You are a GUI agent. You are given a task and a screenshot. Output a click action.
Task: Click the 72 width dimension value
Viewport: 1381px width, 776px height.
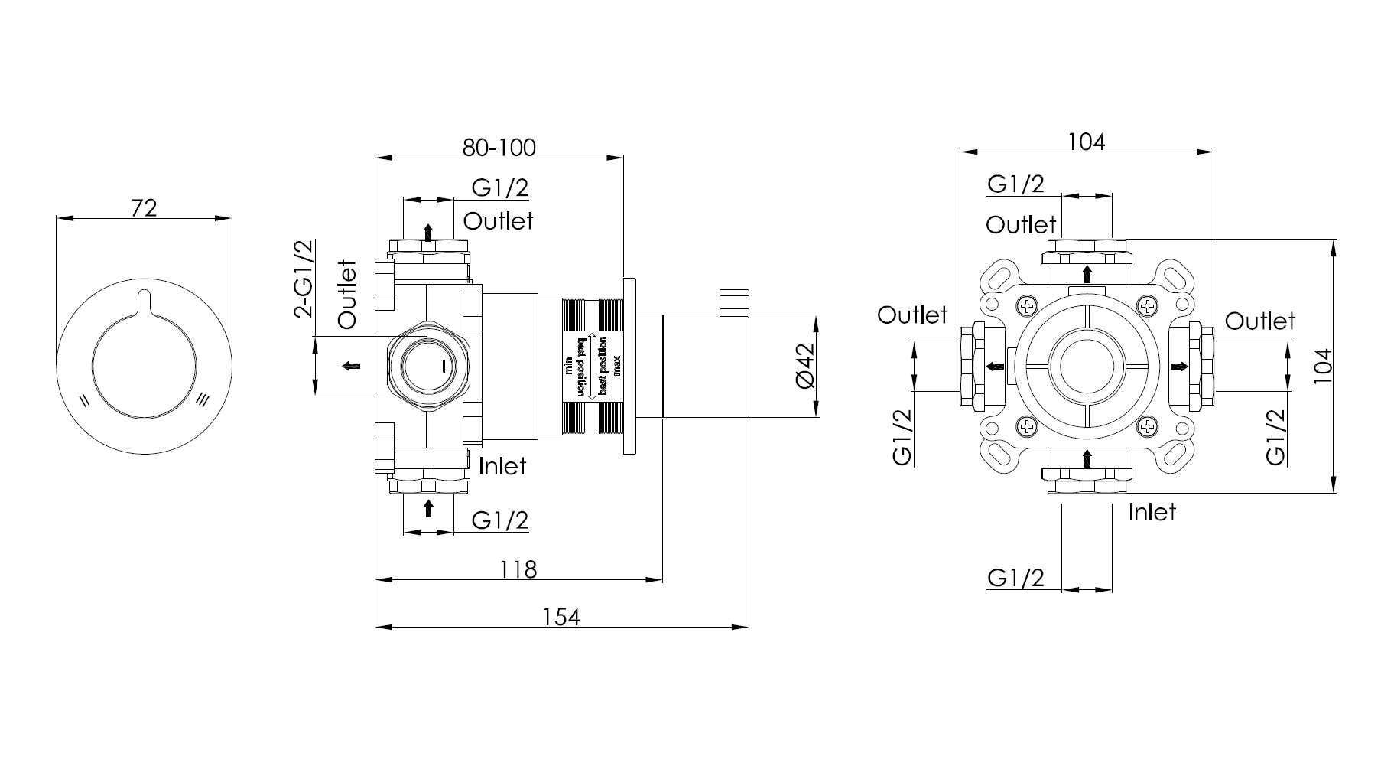pos(145,207)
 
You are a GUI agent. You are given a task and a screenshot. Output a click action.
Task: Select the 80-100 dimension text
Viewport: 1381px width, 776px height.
pos(499,147)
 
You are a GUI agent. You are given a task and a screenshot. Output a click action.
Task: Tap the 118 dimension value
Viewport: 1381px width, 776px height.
pos(518,569)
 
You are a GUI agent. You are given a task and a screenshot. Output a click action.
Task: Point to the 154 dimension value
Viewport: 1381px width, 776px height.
pos(561,616)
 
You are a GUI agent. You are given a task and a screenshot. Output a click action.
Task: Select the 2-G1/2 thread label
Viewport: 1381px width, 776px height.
pos(304,278)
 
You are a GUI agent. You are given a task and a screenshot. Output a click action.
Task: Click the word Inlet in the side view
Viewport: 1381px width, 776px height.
pos(502,466)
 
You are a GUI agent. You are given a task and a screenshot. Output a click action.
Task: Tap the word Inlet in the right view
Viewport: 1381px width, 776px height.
pos(1152,512)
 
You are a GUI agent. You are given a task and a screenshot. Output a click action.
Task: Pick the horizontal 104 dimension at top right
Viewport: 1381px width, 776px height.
pos(1087,142)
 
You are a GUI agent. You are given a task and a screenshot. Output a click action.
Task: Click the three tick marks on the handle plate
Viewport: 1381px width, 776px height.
pos(203,399)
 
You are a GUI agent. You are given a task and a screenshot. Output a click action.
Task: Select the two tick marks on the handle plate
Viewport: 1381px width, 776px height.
pos(85,399)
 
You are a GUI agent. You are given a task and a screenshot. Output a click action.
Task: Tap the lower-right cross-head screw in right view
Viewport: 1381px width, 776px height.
pos(1149,425)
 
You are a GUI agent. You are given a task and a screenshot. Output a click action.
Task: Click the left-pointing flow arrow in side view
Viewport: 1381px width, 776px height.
pos(351,366)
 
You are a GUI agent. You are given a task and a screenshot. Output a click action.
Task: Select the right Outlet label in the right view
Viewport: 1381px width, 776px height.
pos(1260,321)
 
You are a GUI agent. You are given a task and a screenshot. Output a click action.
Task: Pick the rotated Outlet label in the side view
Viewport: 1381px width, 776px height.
pos(348,295)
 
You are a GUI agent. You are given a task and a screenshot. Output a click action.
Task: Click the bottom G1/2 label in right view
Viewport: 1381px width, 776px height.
pos(1015,577)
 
